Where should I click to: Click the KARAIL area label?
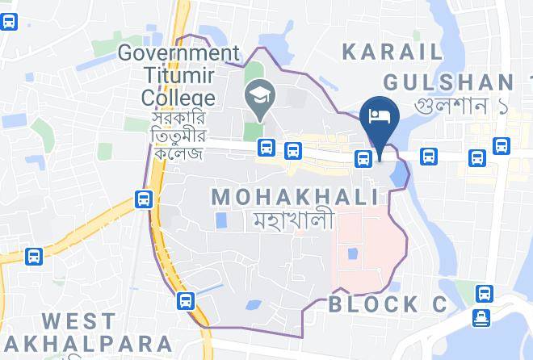click(x=392, y=52)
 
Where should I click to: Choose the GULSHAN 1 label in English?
click(x=449, y=82)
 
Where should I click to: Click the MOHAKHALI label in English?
click(x=295, y=196)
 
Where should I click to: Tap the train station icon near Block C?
click(x=484, y=317)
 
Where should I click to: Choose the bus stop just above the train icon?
click(x=484, y=293)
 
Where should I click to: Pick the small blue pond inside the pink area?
click(x=352, y=254)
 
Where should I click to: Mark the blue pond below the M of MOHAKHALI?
click(x=220, y=220)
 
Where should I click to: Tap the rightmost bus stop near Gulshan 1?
click(x=502, y=146)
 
